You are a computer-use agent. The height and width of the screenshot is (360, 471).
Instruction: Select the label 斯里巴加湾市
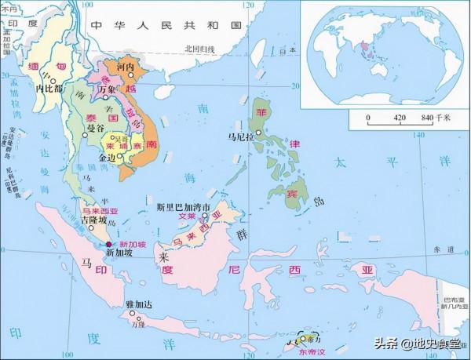coord(186,208)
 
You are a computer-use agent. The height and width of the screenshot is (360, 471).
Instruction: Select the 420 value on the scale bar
coord(398,118)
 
